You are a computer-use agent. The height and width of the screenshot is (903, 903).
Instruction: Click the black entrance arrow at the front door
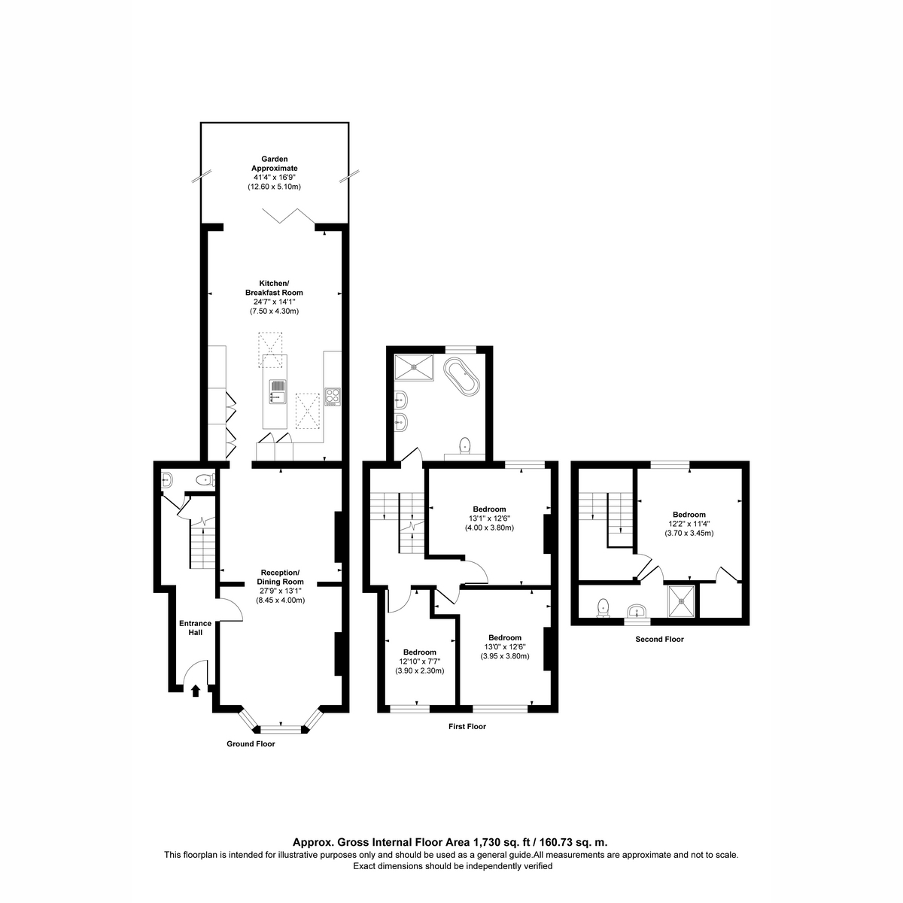coord(196,691)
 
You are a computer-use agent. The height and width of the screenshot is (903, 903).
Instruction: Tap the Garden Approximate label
coord(274,163)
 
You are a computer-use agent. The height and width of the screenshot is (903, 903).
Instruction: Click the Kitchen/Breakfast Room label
coord(274,287)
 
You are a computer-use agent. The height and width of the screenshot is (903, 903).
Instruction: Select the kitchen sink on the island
coord(277,391)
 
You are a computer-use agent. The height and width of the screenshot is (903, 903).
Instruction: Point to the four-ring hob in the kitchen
coord(333,397)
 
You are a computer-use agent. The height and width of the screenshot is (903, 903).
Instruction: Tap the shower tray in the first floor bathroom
coord(414,367)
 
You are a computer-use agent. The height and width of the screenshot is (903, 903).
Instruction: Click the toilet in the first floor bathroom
coord(464,445)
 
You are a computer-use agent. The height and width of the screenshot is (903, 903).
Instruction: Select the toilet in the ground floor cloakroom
coord(205,480)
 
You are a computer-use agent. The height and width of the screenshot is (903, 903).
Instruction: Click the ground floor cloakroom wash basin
coord(167,479)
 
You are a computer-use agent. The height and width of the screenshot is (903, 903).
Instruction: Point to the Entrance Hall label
coord(196,628)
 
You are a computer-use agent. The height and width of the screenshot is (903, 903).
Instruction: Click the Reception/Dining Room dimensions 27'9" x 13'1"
coord(280,591)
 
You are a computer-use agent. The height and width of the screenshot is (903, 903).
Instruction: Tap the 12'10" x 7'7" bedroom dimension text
coord(419,661)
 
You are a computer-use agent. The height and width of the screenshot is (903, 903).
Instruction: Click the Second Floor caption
coord(659,639)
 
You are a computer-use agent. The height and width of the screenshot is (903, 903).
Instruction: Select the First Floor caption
coord(467,726)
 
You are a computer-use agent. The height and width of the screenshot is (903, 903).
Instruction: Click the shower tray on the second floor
coord(681,601)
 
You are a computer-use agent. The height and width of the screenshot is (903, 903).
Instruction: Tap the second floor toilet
coord(603,607)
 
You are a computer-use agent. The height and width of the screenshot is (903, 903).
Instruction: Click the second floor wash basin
coord(637,610)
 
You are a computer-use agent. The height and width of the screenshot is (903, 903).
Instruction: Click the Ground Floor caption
coord(251,743)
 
